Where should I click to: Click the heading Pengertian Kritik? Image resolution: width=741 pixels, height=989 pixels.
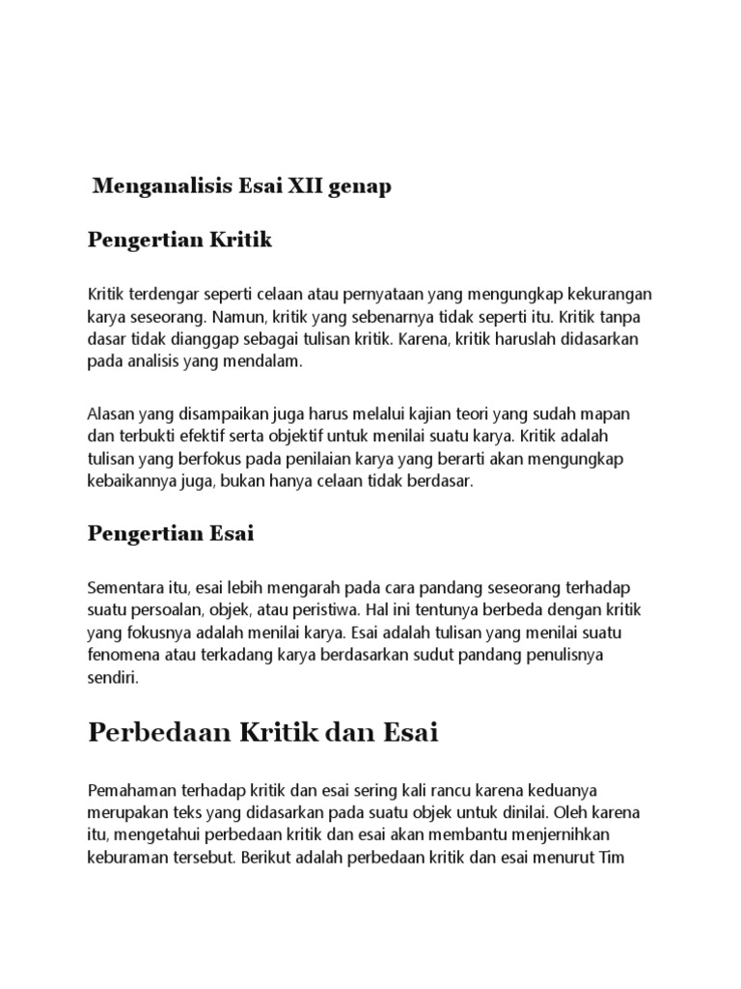[x=180, y=240]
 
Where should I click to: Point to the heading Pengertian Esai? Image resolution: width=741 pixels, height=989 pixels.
[x=171, y=533]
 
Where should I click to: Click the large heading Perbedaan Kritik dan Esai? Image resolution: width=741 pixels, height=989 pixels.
[x=262, y=733]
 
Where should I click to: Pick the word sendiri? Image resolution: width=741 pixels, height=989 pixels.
[x=112, y=680]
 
